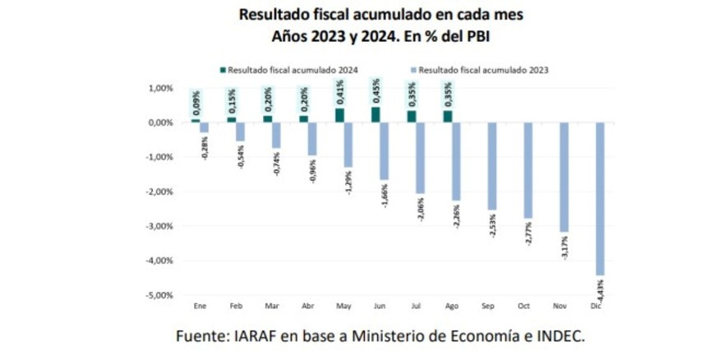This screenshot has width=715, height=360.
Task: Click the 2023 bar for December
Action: point(599,198)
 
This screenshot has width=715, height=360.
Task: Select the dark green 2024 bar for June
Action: point(376,115)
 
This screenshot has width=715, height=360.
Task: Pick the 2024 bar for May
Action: point(339,115)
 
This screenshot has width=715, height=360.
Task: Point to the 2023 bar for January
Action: point(205,127)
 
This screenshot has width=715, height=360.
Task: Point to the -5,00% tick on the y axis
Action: point(160,295)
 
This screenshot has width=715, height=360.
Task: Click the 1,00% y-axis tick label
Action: point(162,88)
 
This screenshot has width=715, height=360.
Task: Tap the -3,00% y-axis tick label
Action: point(160,226)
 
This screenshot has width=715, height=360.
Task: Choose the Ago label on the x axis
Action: point(451,306)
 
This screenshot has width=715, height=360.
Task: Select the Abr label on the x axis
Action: point(307,306)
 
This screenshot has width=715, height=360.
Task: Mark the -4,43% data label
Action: point(601,289)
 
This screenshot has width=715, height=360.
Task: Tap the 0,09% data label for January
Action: point(196,102)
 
